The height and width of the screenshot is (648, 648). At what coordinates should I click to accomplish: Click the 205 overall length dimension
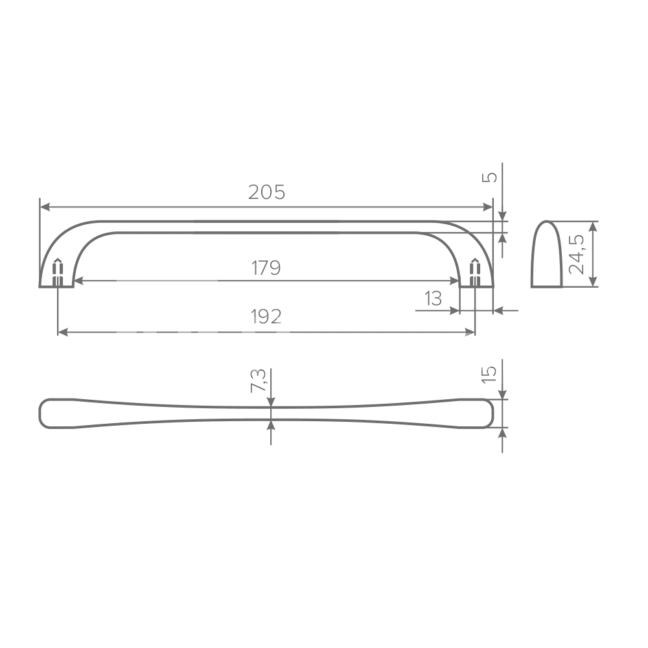[x=266, y=192]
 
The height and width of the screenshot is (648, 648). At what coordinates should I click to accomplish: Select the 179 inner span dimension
[x=266, y=268]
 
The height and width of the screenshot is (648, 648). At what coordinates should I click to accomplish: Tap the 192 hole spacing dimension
[x=266, y=317]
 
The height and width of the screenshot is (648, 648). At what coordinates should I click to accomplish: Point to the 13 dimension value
[x=433, y=298]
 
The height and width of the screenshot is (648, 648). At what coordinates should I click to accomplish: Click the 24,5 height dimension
[x=577, y=254]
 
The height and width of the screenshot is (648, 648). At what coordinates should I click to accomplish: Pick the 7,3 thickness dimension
[x=259, y=380]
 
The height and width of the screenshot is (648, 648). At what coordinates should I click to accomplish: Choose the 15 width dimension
[x=489, y=374]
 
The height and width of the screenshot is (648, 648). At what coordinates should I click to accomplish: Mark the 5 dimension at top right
[x=490, y=178]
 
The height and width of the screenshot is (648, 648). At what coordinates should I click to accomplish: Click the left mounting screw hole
[x=58, y=272]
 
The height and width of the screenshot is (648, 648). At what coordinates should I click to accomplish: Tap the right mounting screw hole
[x=475, y=272]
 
